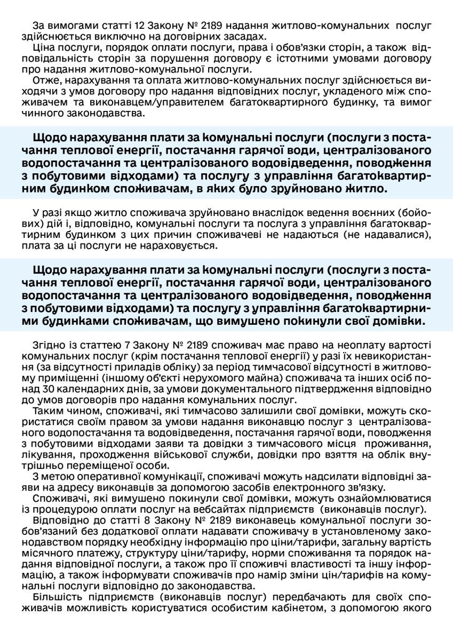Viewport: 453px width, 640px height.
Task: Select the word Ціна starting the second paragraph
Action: click(x=43, y=47)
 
